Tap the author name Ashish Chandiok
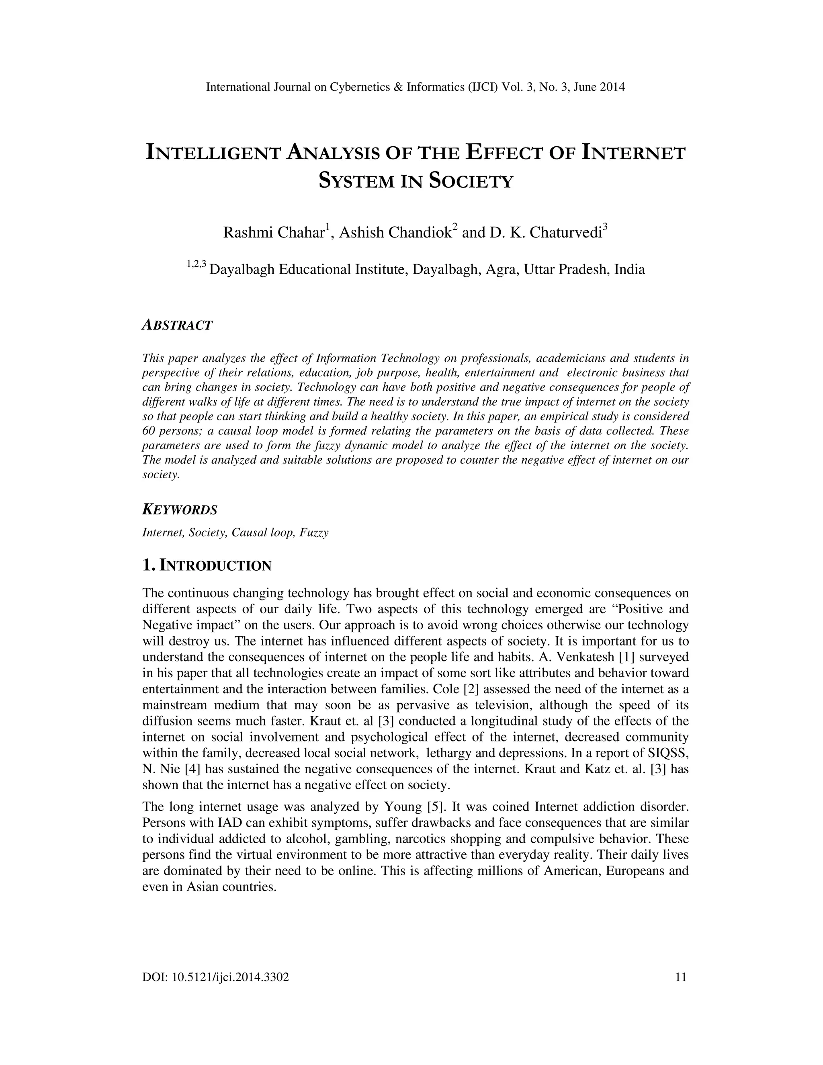395,233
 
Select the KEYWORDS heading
179,510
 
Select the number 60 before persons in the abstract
148,431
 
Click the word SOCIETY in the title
471,181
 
